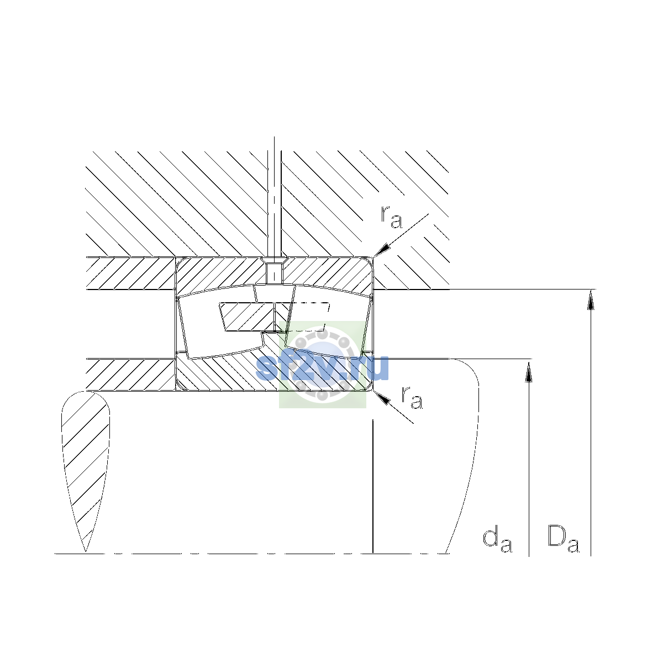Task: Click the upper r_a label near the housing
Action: point(391,218)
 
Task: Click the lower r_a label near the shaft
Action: point(412,398)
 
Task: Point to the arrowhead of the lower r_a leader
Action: point(382,397)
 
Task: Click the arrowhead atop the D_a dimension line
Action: point(591,299)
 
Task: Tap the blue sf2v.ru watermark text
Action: point(322,367)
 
